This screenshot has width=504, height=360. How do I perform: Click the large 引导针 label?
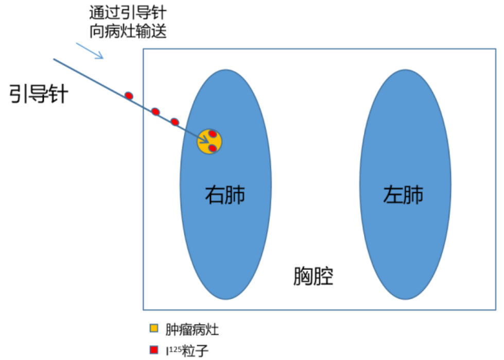point(39,94)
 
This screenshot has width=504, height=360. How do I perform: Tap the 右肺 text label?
point(225,195)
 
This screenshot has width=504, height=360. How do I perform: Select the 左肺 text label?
point(404,195)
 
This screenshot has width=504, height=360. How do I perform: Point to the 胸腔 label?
point(313,277)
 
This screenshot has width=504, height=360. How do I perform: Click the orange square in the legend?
point(153,328)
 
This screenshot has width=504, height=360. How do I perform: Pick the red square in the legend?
point(153,350)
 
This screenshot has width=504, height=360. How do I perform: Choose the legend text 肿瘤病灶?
point(188,328)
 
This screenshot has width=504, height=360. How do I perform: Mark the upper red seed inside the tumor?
point(212,134)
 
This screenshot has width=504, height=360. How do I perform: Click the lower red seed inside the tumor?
point(212,148)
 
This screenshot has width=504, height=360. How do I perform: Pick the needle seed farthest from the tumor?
point(129,95)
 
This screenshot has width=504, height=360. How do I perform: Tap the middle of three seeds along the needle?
point(155,112)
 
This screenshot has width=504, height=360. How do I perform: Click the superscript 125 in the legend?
point(173,348)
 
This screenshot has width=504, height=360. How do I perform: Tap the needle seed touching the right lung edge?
point(175,122)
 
